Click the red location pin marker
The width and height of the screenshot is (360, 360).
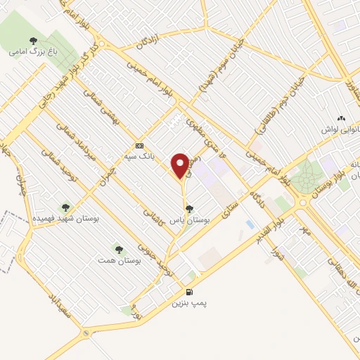coord(181,165)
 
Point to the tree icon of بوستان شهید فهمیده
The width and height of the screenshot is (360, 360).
coord(65,208)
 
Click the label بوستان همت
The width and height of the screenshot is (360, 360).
coord(119,260)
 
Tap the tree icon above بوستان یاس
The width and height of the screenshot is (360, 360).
coord(188,208)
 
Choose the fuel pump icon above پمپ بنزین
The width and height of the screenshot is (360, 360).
coord(188,292)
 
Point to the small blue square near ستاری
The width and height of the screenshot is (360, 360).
coord(250,224)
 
